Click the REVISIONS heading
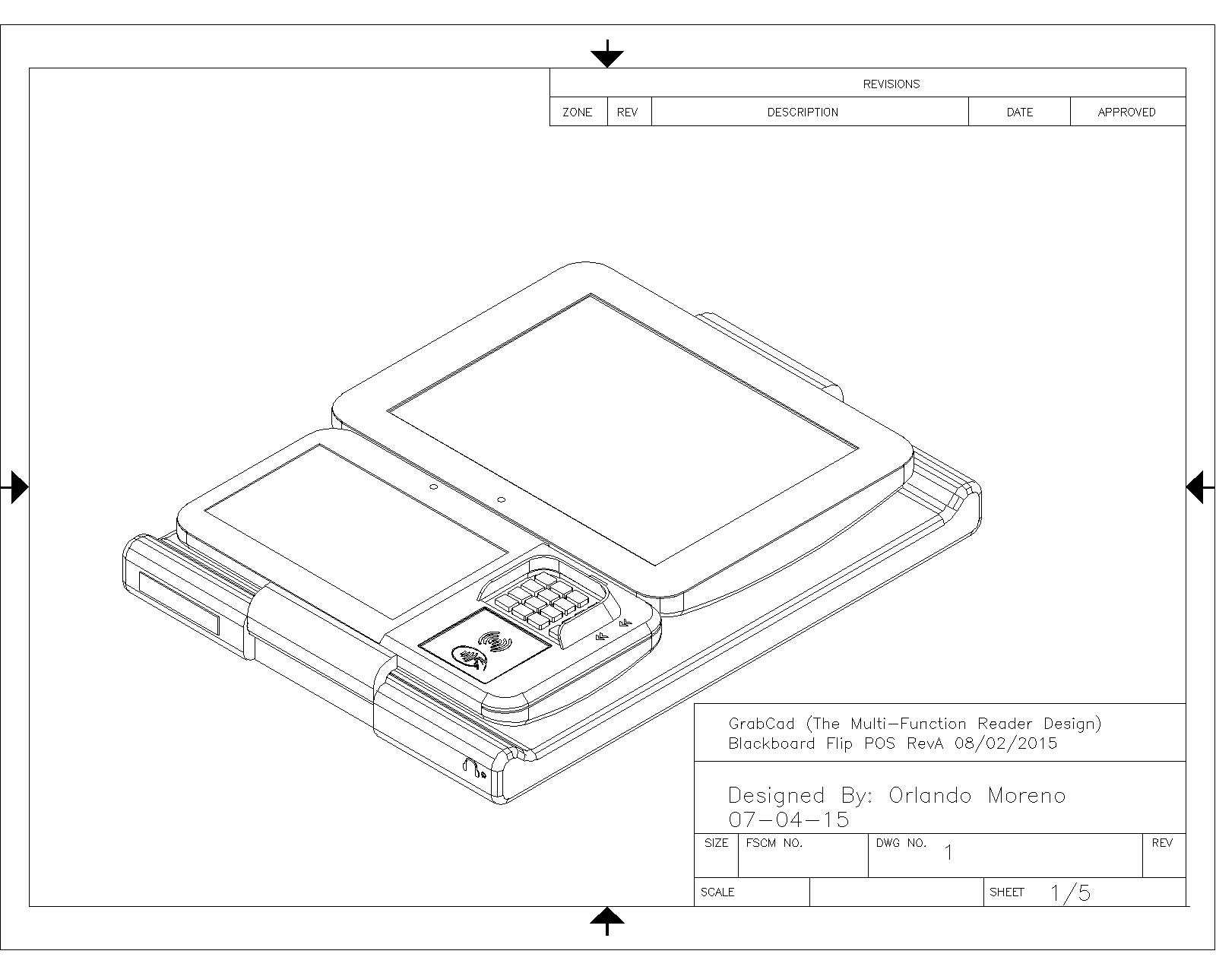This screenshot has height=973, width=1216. [891, 84]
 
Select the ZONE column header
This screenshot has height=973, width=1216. [577, 112]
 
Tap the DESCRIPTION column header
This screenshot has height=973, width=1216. [803, 112]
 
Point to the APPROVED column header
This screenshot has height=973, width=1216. [1126, 112]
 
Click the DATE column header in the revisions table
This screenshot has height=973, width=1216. [1019, 112]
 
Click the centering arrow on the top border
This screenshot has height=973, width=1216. [607, 54]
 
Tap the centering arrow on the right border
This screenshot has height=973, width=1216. [1200, 486]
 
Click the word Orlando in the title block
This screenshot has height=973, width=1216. [929, 795]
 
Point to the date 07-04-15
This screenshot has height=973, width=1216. [789, 819]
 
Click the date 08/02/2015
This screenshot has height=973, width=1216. [1005, 743]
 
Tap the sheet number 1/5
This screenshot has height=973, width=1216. [1070, 892]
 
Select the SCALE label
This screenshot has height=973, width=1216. [717, 892]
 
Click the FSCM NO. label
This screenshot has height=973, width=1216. [774, 843]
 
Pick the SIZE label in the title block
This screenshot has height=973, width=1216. [716, 843]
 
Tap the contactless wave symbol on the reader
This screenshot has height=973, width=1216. [495, 642]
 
